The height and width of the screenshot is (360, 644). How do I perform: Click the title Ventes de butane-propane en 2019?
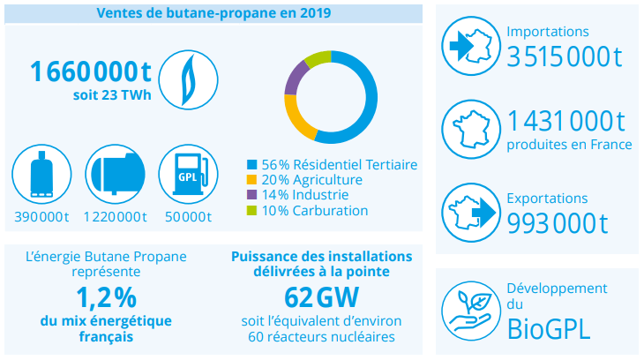pyautogui.click(x=214, y=12)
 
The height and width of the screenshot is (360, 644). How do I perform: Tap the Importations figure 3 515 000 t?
pyautogui.click(x=565, y=56)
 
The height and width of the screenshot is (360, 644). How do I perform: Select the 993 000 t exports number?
pyautogui.click(x=558, y=224)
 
